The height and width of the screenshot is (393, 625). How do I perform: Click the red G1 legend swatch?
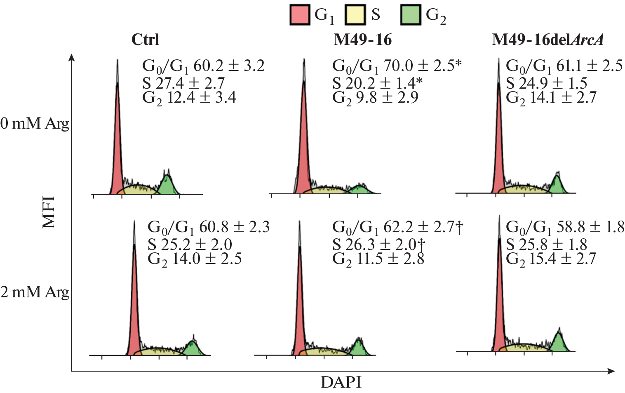300,15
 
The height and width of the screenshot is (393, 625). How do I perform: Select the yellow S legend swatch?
355,15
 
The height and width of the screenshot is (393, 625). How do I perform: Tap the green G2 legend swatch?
411,15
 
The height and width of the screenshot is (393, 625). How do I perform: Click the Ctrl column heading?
145,40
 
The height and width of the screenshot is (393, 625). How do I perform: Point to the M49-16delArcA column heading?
547,40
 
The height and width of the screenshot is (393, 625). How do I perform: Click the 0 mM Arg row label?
35,123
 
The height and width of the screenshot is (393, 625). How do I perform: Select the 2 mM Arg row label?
35,292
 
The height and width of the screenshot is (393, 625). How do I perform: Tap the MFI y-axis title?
49,212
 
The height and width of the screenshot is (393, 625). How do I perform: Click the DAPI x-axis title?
341,382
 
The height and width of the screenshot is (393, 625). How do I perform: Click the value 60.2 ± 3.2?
229,66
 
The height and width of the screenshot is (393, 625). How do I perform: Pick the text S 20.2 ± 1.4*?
377,83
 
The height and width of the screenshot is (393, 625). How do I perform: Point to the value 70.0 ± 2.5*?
422,66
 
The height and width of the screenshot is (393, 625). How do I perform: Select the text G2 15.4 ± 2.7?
551,259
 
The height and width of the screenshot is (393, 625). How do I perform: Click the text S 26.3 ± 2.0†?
378,244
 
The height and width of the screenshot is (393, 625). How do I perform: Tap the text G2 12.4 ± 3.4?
189,98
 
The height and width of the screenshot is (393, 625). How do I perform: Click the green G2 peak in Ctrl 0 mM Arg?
167,185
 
